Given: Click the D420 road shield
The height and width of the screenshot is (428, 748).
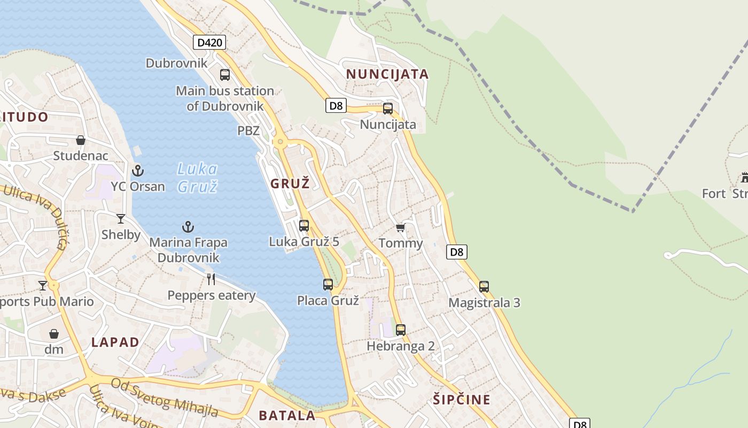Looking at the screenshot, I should [x=209, y=42].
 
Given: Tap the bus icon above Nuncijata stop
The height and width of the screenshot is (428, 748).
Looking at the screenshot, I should [x=388, y=109].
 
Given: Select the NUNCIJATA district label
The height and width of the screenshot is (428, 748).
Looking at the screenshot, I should [x=387, y=74].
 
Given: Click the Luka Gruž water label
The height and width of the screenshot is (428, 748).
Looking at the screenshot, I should [x=198, y=178].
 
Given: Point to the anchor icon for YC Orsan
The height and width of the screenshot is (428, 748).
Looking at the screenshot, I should [x=138, y=171].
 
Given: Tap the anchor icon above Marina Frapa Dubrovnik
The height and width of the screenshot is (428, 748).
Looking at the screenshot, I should [x=188, y=227].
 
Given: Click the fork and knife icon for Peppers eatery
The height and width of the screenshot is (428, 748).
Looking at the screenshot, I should [x=211, y=279].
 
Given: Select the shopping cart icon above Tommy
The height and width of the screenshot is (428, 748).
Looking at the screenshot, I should [x=400, y=228].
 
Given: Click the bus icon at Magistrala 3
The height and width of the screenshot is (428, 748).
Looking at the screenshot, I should [x=484, y=286].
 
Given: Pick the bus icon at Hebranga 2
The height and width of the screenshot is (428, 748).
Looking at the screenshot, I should [x=401, y=330].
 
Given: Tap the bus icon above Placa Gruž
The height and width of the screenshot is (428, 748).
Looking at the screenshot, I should [x=328, y=285].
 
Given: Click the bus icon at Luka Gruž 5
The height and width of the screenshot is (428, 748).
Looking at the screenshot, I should [x=304, y=225].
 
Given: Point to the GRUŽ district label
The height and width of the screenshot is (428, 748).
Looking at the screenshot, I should [x=290, y=184].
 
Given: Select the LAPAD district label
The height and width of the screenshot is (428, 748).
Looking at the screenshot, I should [x=115, y=342].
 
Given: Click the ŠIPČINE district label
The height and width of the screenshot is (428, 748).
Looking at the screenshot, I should [x=462, y=400].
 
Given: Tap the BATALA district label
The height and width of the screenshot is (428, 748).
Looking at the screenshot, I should [x=287, y=415].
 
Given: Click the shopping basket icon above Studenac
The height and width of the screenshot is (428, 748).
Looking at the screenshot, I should [x=81, y=140].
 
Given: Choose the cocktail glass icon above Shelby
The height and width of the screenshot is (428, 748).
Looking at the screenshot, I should [x=121, y=218].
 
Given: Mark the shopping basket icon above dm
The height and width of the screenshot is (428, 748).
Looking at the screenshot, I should [x=54, y=334].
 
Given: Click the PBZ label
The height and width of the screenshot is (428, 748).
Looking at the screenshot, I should [x=248, y=131].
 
